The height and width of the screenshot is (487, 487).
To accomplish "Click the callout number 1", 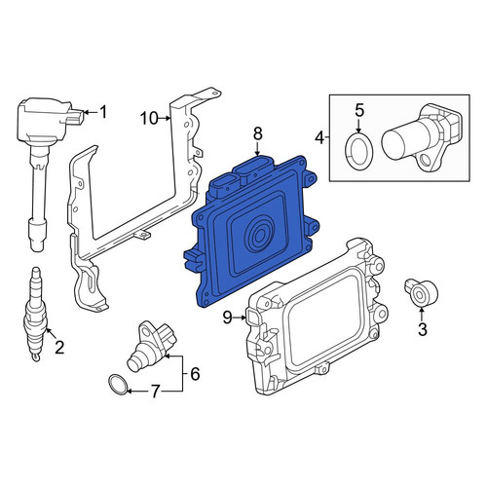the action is coord(103,113).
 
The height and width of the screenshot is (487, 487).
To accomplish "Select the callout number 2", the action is coord(59,348).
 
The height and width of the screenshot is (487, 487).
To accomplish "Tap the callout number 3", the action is coord(422,329).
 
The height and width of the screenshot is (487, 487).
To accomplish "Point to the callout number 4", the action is coord(319,138).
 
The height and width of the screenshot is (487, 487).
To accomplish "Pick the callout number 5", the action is coord(359,111).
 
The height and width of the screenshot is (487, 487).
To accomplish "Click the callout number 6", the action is coord(195,374).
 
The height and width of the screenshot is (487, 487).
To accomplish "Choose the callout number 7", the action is coord(155,392).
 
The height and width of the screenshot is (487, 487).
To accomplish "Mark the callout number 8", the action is coord(257,133).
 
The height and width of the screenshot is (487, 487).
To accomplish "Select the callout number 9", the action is coord(228,318).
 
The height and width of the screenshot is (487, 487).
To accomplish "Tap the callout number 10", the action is coord(149,119).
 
